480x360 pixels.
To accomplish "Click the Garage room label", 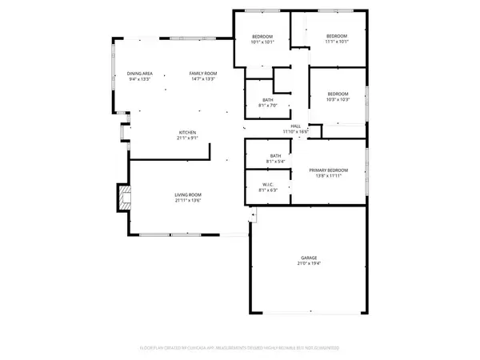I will click(306, 258).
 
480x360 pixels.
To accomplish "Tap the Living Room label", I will click(189, 194).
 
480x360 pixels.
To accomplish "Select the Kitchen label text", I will click(187, 132).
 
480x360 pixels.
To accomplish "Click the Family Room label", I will click(202, 74).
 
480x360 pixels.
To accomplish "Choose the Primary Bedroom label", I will click(331, 170).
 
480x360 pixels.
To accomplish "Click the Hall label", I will click(296, 126).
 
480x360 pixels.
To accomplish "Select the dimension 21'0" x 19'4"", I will click(306, 263).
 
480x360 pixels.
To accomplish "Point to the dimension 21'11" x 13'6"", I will click(189, 200).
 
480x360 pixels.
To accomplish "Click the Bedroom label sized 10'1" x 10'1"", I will click(262, 37).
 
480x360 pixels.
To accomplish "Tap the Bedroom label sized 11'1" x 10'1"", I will click(337, 37).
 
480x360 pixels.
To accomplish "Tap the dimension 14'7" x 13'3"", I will click(202, 80).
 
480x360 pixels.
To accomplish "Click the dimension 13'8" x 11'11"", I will click(331, 175).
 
